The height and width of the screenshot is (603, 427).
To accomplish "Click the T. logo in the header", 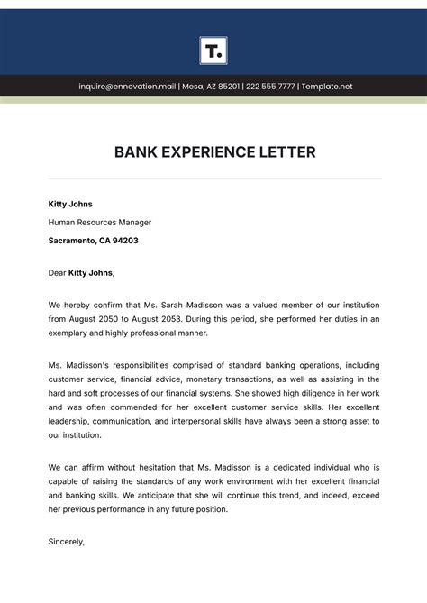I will pos(213,50).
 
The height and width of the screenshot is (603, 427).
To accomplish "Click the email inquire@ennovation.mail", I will pos(127,87).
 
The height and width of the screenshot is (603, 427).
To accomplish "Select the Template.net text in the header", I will pos(328,87).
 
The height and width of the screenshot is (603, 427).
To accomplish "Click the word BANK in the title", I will pos(136,152).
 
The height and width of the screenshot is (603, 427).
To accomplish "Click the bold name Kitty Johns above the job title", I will pos(70,205).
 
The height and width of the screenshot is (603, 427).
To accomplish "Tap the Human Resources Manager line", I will pos(100,223).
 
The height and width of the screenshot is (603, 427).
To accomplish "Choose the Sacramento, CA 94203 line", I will pos(93,241).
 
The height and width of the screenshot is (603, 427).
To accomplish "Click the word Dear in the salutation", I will pos(57,272).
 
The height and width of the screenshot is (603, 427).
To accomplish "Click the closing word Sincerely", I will pos(66,542).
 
